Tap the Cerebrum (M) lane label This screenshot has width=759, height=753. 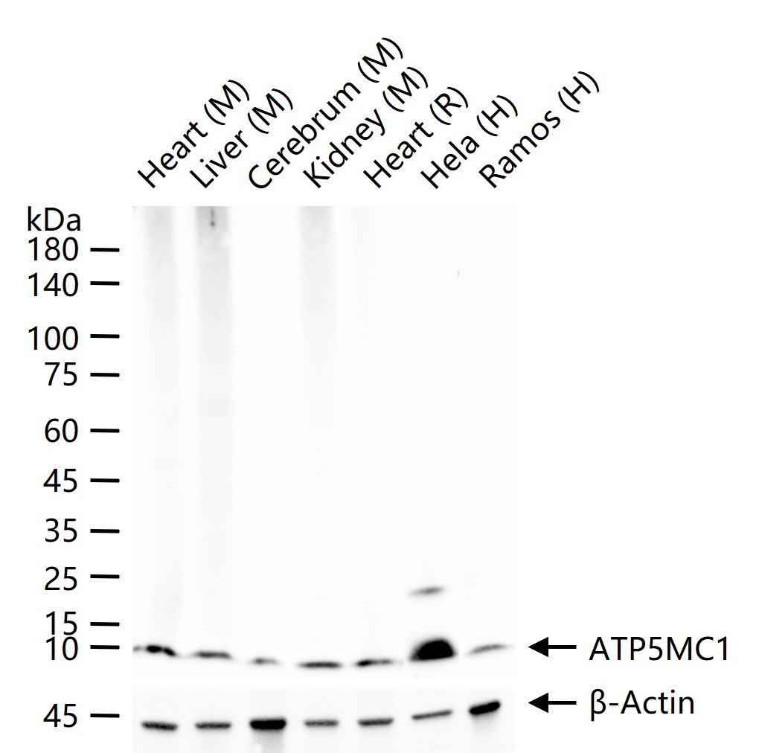point(325,115)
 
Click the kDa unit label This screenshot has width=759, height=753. point(54,220)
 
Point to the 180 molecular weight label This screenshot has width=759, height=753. point(51,250)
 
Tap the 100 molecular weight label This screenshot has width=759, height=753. point(51,339)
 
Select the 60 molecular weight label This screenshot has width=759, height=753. point(61,431)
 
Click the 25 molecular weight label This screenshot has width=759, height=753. point(61,578)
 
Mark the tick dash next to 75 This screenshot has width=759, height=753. point(105,374)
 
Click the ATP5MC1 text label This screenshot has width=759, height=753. point(659,649)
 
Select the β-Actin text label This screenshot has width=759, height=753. point(641,702)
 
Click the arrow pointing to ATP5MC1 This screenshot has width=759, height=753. point(551,647)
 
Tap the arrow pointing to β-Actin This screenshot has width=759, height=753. point(551,701)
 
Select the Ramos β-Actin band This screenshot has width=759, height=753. point(484,707)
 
